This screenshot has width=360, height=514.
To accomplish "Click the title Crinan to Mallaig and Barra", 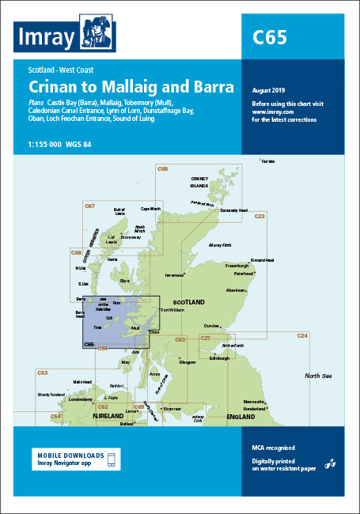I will pos(131,85).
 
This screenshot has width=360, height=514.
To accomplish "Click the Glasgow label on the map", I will pos(188,361).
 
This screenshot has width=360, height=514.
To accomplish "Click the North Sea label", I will pos(318,375).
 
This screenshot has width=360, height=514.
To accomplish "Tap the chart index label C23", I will pos(259,216).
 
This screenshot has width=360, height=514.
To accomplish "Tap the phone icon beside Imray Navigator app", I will pos(111,459).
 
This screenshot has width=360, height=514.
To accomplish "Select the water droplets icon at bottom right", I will pos(331,464).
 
